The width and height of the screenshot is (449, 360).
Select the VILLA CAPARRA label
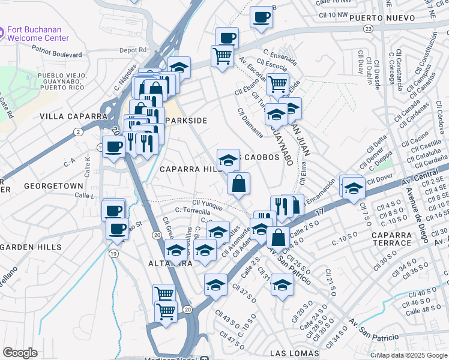pyautogui.click(x=64, y=116)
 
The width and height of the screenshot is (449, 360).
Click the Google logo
pyautogui.click(x=20, y=353)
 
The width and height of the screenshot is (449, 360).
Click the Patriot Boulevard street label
pyautogui.click(x=57, y=53)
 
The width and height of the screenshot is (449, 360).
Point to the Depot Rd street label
pyautogui.click(x=133, y=50)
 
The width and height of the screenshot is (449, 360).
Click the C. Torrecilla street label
pyautogui.click(x=193, y=211)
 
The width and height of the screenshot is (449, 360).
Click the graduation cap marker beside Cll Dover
pyautogui.click(x=354, y=189)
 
